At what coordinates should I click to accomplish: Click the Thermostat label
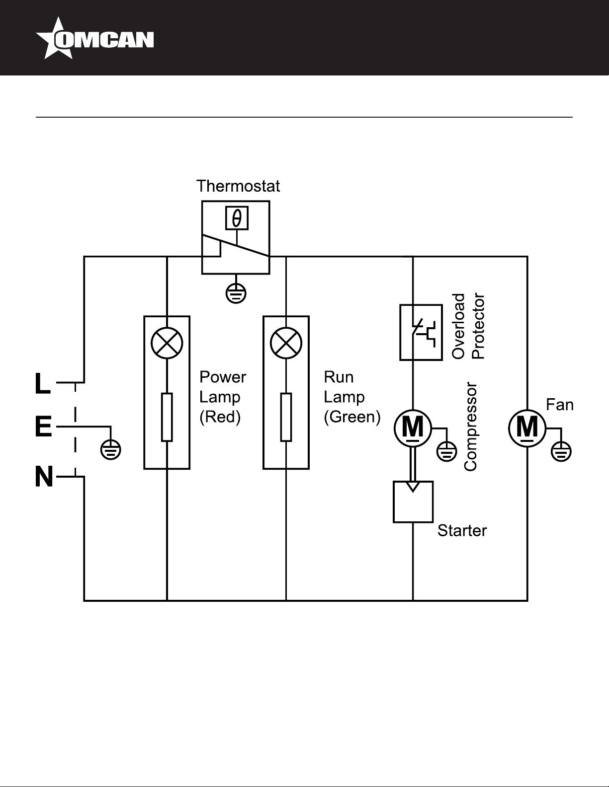click(x=238, y=186)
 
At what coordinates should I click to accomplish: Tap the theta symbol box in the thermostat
click(x=237, y=218)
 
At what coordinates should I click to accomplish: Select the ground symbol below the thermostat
click(x=236, y=293)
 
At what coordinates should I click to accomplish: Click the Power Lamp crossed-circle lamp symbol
click(x=167, y=343)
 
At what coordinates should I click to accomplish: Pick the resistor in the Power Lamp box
click(x=167, y=417)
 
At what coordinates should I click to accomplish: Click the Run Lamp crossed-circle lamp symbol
click(x=286, y=343)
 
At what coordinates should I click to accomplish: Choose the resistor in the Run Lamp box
click(x=286, y=417)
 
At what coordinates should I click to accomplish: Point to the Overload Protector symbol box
click(x=421, y=333)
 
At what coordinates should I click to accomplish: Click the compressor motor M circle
click(x=413, y=429)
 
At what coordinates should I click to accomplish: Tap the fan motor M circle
click(x=527, y=429)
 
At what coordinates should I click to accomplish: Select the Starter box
click(x=413, y=502)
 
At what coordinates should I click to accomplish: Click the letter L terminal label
click(x=43, y=383)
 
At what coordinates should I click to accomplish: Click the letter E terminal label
click(x=44, y=427)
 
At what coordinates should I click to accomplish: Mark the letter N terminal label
click(x=44, y=477)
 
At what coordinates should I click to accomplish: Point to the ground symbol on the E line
click(x=110, y=450)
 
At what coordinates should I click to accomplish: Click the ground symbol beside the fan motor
click(x=561, y=451)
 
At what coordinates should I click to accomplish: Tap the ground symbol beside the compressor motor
click(x=446, y=451)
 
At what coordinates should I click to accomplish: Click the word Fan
click(x=560, y=405)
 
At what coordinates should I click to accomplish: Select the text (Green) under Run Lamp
click(x=352, y=417)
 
